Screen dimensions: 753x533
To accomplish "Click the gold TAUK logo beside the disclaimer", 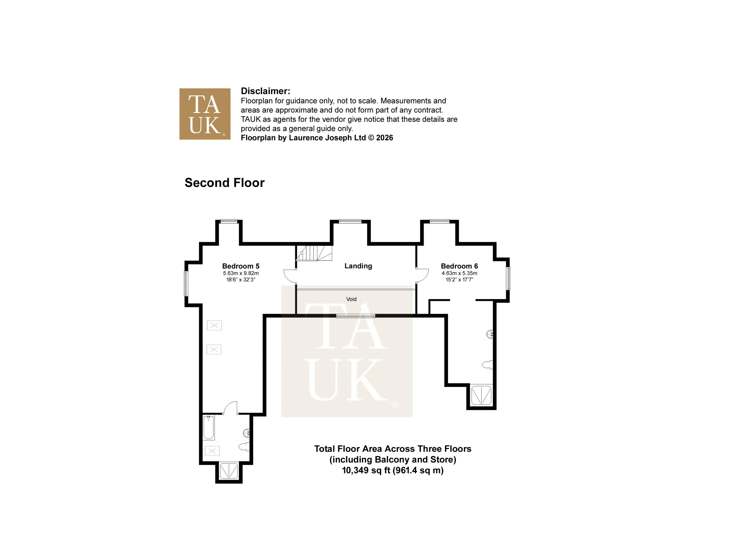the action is pyautogui.click(x=205, y=114).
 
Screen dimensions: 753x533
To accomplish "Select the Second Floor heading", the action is pyautogui.click(x=224, y=183).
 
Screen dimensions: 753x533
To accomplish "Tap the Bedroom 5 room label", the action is pyautogui.click(x=241, y=266).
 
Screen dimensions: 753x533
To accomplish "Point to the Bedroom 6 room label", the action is pyautogui.click(x=459, y=266).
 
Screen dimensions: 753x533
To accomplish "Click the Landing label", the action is pyautogui.click(x=358, y=266).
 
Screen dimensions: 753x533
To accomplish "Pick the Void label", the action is pyautogui.click(x=351, y=299).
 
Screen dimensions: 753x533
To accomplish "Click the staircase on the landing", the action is pyautogui.click(x=314, y=253).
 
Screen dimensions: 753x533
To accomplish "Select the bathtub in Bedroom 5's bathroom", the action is pyautogui.click(x=209, y=428).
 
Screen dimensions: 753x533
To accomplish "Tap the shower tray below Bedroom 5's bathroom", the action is pyautogui.click(x=229, y=471).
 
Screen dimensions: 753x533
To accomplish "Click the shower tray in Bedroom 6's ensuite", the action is pyautogui.click(x=481, y=395).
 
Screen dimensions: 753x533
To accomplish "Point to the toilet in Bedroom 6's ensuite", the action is pyautogui.click(x=487, y=365).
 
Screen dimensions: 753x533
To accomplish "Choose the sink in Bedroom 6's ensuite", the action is pyautogui.click(x=490, y=334).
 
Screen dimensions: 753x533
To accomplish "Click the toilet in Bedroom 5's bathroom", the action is pyautogui.click(x=244, y=447).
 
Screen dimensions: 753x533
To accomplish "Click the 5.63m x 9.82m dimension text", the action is pyautogui.click(x=241, y=273).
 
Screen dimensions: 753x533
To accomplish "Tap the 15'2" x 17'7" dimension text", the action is pyautogui.click(x=459, y=280).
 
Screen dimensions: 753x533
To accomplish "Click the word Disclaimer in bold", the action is pyautogui.click(x=265, y=91).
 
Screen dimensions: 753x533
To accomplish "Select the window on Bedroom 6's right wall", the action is pyautogui.click(x=508, y=278).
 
